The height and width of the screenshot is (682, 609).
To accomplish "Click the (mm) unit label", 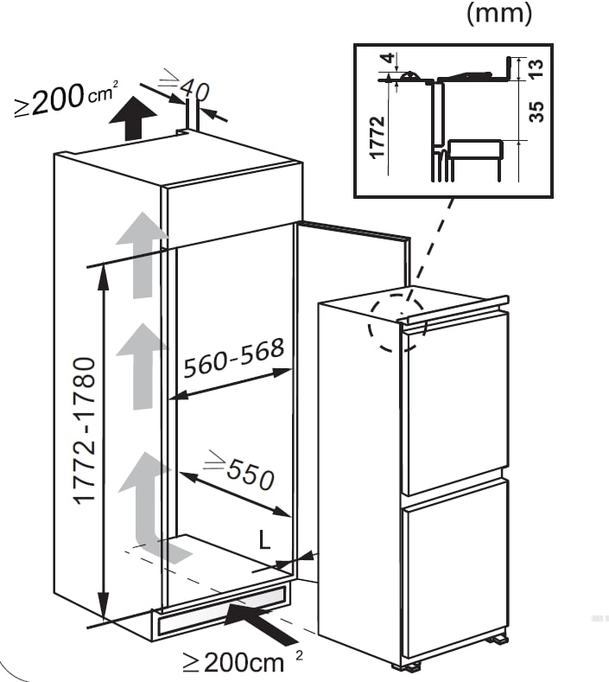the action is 499,13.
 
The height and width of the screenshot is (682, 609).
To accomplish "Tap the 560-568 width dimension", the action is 234,358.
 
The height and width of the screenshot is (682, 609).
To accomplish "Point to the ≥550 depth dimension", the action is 240,469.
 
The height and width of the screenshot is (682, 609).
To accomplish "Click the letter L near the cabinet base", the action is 264,539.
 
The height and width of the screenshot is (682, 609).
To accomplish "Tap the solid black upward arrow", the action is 132,118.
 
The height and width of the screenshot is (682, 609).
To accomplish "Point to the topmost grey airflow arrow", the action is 142,255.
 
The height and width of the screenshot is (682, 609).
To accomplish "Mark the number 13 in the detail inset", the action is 536,68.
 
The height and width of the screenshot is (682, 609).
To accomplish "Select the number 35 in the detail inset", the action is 536,112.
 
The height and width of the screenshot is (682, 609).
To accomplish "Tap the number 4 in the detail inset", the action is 389,57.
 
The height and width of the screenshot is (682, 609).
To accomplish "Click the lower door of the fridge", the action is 454,566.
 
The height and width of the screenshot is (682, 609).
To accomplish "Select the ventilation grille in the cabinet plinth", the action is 223,609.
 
